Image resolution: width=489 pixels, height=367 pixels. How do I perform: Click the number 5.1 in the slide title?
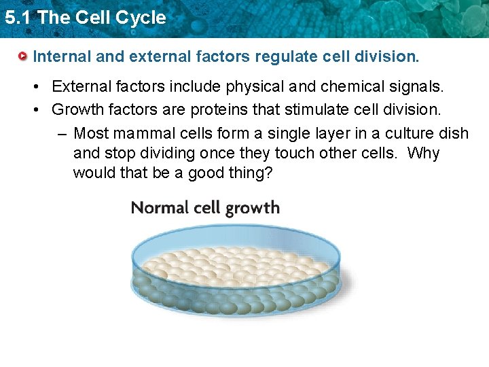coord(17,18)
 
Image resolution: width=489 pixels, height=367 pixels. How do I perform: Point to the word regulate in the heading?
coord(283,56)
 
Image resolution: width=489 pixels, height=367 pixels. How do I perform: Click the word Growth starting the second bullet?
coord(77,109)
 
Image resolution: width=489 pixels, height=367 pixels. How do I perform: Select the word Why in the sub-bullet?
coord(423,153)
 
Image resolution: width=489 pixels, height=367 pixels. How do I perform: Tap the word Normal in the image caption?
coord(159,207)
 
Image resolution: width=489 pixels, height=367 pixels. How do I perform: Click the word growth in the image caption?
coord(253,208)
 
